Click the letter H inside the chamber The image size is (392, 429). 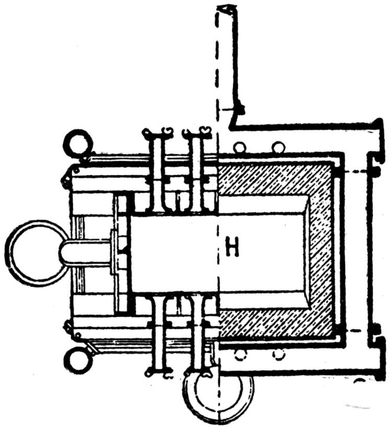click(232, 249)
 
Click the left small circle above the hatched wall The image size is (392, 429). click(240, 147)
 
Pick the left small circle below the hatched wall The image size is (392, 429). click(240, 355)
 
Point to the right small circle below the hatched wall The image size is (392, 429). click(278, 355)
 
